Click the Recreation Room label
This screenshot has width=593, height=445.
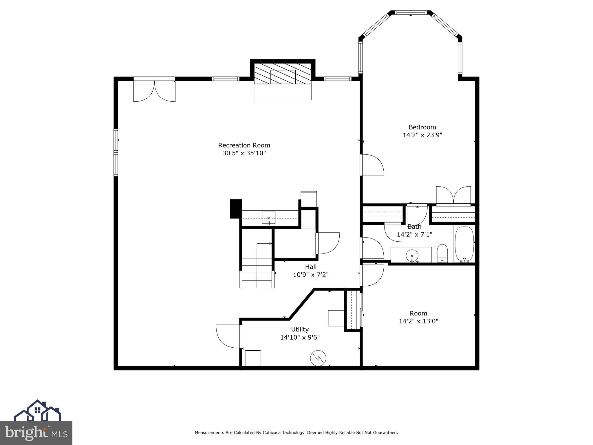click(x=244, y=145)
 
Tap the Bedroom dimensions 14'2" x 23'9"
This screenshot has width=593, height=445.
click(x=422, y=135)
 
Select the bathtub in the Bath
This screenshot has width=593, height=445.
click(x=464, y=244)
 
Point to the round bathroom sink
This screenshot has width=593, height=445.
click(x=412, y=256)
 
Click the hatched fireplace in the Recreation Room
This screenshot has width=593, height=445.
click(x=283, y=74)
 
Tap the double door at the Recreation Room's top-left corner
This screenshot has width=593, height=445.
click(x=154, y=90)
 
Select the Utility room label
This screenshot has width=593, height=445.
click(x=300, y=329)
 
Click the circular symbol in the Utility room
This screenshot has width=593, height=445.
click(x=318, y=358)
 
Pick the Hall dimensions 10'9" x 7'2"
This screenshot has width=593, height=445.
click(x=311, y=275)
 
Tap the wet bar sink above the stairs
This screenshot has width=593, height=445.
click(x=269, y=218)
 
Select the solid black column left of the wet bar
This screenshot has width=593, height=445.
click(x=236, y=209)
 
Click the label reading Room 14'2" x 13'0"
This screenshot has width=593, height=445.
click(x=418, y=317)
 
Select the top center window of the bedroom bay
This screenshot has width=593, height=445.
click(x=411, y=12)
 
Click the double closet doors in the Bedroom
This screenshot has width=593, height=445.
click(x=453, y=196)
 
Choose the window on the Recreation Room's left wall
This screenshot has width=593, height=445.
click(x=116, y=152)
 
